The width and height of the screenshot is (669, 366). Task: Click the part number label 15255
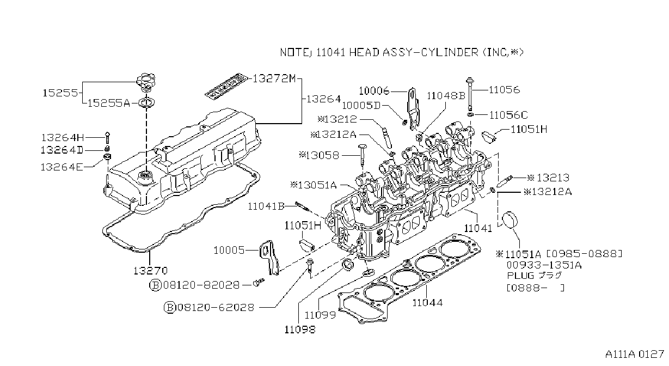[60, 93]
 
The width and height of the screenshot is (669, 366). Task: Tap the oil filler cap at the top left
[146, 82]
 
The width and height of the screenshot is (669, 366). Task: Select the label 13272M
[274, 78]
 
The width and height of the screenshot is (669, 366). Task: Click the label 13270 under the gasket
[150, 270]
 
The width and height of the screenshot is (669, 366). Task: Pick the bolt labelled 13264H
[108, 138]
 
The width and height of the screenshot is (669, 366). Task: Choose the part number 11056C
[508, 115]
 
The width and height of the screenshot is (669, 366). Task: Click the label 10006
[374, 91]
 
